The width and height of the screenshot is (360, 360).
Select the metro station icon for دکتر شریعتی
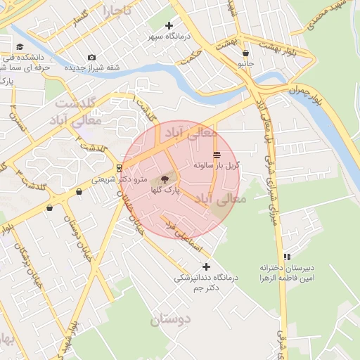point(118,168)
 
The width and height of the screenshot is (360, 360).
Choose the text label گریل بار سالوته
point(217,165)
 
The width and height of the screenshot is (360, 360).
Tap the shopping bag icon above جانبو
point(245,52)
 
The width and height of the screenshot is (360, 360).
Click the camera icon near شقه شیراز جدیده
point(91,58)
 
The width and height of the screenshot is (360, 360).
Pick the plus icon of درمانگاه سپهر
point(169,26)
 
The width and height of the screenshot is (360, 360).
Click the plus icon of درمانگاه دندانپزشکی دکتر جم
point(206,266)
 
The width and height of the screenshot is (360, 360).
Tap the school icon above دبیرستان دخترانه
point(286,257)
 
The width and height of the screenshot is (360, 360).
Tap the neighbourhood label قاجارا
point(113,11)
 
